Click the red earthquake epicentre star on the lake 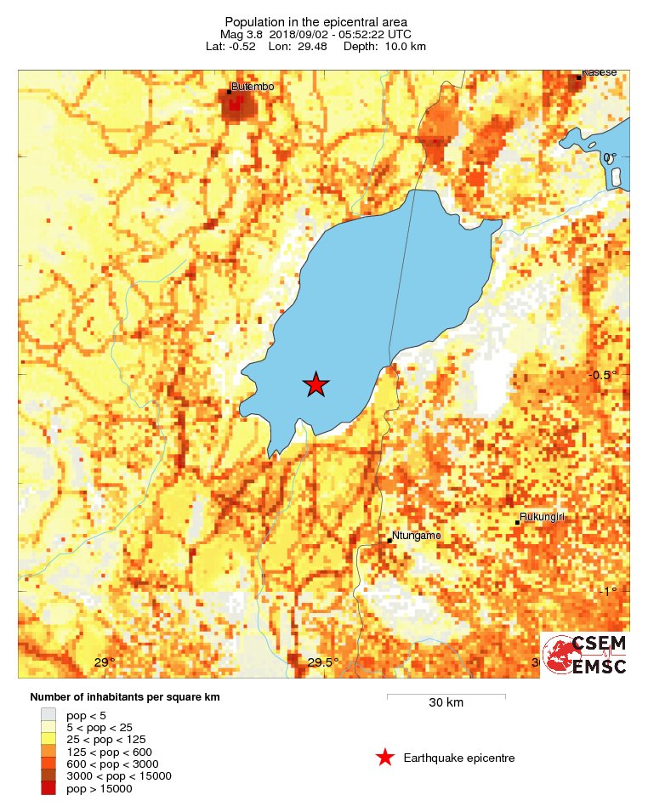(x=316, y=385)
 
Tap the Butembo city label (x=253, y=87)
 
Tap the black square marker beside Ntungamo (x=389, y=540)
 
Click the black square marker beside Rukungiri (x=517, y=522)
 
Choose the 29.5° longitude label (x=323, y=663)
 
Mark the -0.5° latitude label (x=603, y=375)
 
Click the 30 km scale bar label (x=446, y=703)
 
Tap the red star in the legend (x=385, y=758)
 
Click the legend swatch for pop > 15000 (x=48, y=788)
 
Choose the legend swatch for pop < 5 (x=48, y=715)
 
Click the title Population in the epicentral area (x=315, y=21)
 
